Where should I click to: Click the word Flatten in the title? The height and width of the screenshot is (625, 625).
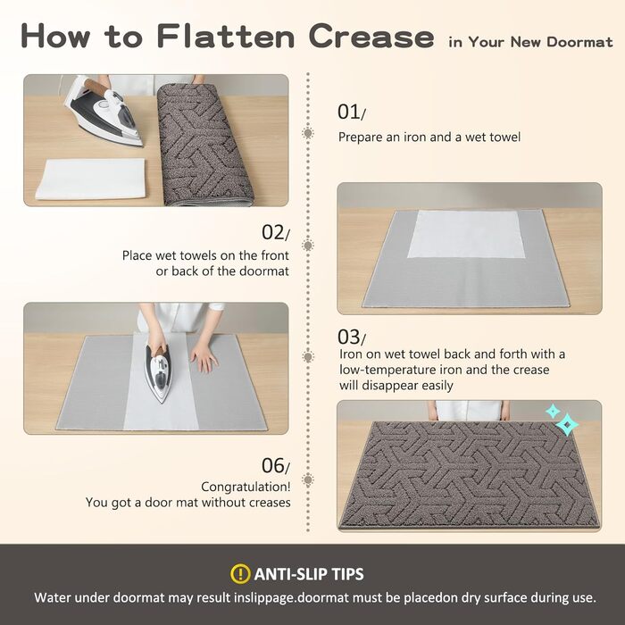pos(226,36)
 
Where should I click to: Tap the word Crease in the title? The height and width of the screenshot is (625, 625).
pos(371,37)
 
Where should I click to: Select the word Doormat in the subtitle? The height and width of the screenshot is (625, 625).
pos(579,42)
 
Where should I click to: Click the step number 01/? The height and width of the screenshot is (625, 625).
pos(351,112)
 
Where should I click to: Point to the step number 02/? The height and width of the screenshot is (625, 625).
pos(275,233)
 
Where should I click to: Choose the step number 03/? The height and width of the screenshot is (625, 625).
pos(351,337)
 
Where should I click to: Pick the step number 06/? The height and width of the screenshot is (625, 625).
pos(275,465)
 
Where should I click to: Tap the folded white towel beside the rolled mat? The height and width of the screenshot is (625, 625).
pos(91,179)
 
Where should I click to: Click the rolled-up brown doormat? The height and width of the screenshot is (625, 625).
pos(204,145)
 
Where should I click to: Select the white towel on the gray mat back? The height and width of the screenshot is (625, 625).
pos(465,234)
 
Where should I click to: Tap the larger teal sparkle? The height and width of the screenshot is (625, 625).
pos(567,424)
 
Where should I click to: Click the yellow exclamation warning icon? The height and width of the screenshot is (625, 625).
pos(240,573)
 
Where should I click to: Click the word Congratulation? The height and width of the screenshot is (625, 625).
pos(246,487)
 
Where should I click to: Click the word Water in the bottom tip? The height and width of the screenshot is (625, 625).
pos(53,597)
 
